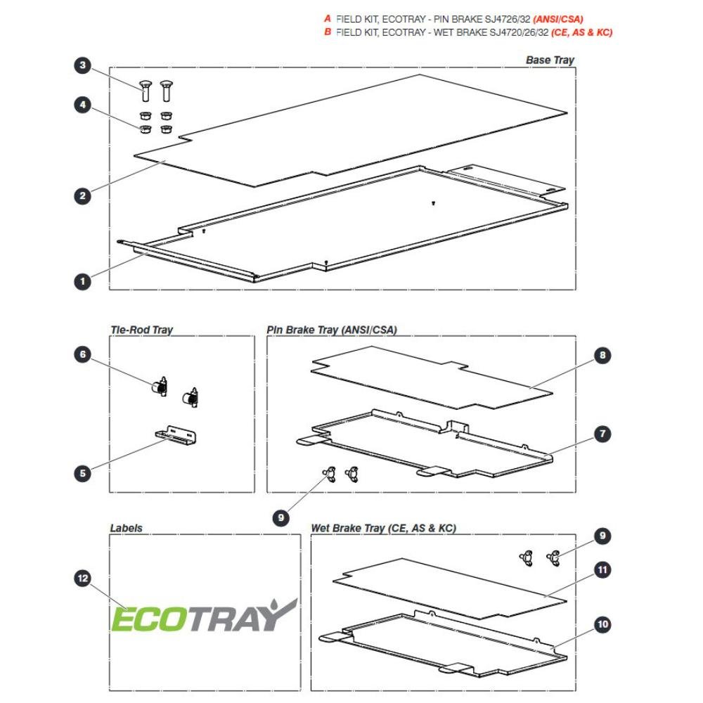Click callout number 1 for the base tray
[82, 282]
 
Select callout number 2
[82, 196]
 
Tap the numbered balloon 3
[82, 65]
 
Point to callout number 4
[82, 105]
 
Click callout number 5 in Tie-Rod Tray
[82, 473]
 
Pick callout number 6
[82, 354]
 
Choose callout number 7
[602, 434]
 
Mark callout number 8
[602, 355]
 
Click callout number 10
[602, 624]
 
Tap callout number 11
[602, 570]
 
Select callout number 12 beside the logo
[82, 579]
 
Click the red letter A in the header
[328, 19]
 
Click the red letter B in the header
[328, 32]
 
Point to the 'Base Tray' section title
[550, 60]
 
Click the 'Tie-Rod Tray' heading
[142, 330]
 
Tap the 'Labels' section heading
[127, 528]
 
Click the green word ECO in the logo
[149, 619]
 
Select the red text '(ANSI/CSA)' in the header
[557, 19]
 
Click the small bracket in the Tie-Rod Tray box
[175, 435]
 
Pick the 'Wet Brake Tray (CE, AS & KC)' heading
[383, 528]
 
